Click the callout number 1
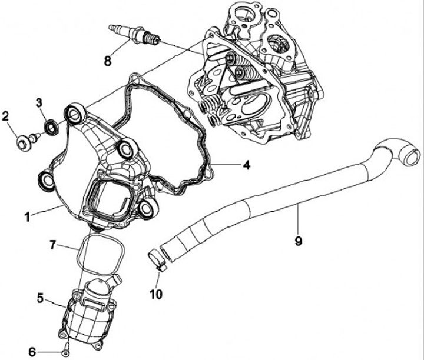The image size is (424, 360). point(26,216)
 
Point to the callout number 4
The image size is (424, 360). point(247,165)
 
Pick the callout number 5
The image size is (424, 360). point(40,298)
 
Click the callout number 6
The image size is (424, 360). point(32,352)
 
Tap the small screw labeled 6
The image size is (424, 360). point(65,352)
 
